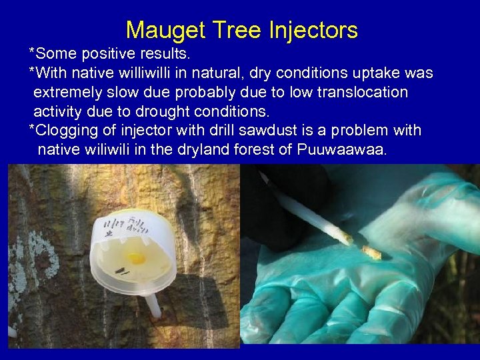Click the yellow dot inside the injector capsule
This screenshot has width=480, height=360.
(x=136, y=257)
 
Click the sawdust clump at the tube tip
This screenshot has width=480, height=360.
(x=371, y=252)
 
